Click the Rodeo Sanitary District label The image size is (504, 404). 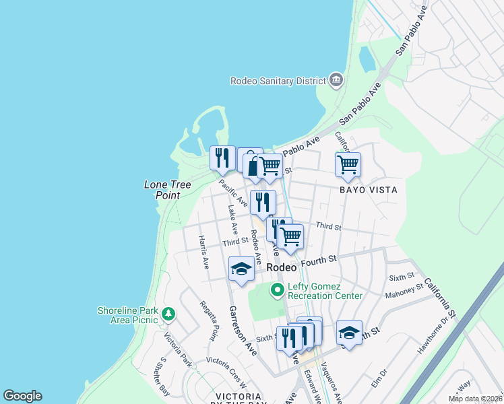(278, 81)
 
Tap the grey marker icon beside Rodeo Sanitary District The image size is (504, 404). (336, 81)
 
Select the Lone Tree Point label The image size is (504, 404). (162, 189)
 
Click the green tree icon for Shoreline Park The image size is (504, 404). (168, 314)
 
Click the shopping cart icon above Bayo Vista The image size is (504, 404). (348, 164)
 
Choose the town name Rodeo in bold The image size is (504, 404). (282, 267)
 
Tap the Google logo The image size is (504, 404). (22, 396)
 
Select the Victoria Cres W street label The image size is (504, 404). (228, 361)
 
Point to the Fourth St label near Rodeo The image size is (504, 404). (319, 259)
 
